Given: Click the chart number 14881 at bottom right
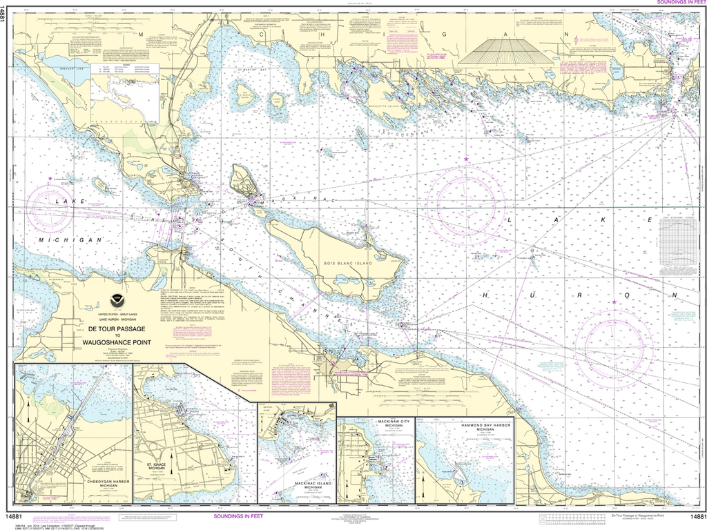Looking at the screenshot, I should click(x=693, y=517).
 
